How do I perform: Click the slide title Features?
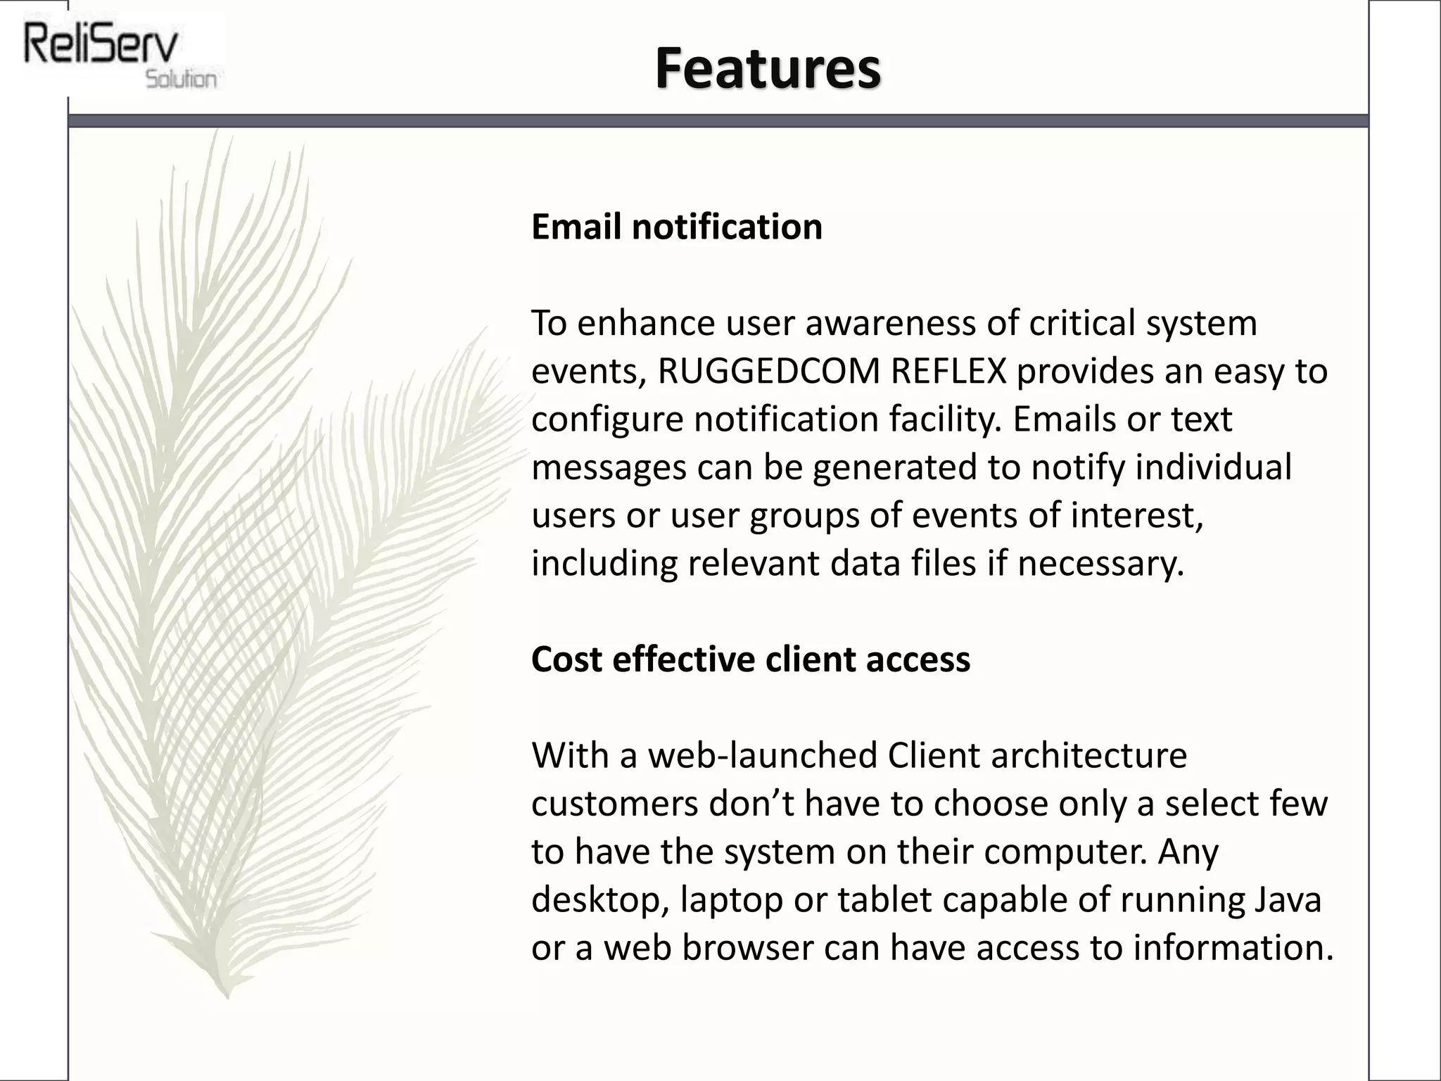click(768, 68)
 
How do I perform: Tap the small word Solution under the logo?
click(181, 79)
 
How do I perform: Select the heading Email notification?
click(676, 227)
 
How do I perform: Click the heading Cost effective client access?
click(750, 659)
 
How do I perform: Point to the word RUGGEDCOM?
click(768, 371)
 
